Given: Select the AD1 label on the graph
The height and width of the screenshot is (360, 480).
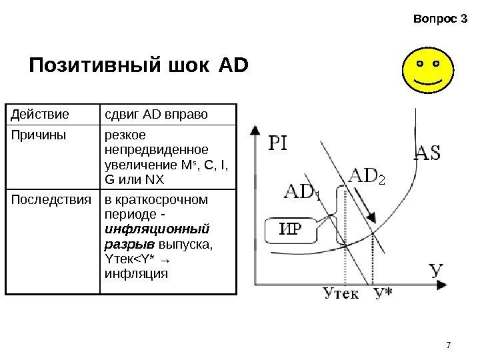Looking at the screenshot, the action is pos(301,192).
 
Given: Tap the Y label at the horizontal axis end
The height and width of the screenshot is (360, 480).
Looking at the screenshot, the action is pos(437,271).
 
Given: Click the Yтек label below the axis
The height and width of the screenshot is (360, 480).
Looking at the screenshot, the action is pos(340,294).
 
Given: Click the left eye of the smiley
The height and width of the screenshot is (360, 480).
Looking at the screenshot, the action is pos(419,63).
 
